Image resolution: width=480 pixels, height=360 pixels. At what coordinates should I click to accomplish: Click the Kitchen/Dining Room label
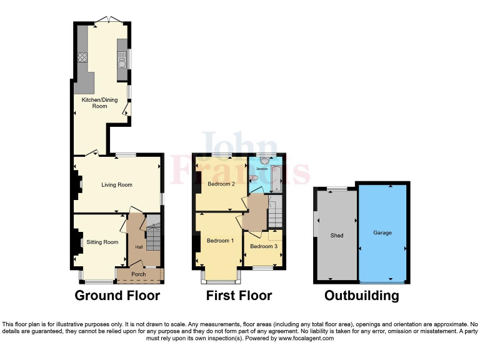click(x=100, y=103)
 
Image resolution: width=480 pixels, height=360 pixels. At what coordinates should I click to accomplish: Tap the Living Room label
click(x=117, y=185)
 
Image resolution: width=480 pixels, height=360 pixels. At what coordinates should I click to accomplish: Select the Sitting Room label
click(x=102, y=242)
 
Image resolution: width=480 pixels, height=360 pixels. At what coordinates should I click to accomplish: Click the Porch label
click(x=138, y=274)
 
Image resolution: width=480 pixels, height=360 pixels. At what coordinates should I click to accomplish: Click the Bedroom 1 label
click(x=220, y=241)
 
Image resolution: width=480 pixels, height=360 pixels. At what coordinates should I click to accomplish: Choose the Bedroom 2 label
click(x=221, y=184)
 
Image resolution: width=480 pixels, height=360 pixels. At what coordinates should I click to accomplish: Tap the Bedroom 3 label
click(x=262, y=246)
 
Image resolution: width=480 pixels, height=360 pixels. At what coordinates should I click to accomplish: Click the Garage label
click(x=382, y=232)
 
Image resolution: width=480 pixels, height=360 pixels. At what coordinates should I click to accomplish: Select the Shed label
click(x=337, y=236)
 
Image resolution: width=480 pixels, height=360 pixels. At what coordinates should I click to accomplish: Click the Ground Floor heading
click(x=117, y=296)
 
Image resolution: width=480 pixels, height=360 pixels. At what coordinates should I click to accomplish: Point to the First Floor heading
click(x=239, y=296)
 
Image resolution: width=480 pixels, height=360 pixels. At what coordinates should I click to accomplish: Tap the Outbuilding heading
click(x=361, y=296)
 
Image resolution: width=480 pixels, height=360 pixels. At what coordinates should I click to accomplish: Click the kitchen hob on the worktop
click(x=81, y=57)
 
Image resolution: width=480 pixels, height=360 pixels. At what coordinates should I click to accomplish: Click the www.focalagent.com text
click(x=306, y=338)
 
